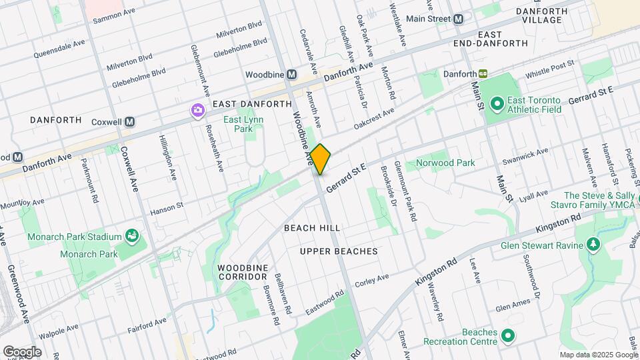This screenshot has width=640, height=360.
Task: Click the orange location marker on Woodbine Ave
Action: (320, 159)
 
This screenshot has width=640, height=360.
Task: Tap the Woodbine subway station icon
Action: (291, 75)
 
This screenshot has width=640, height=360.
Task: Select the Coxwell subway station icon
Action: (130, 122)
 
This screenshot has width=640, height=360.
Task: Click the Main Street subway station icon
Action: (458, 19)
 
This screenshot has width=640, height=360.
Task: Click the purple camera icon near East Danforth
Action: (197, 110)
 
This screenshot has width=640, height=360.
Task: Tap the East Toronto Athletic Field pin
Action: (496, 104)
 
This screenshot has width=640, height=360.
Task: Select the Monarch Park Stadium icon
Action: (132, 236)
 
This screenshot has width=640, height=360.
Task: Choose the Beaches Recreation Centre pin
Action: (508, 335)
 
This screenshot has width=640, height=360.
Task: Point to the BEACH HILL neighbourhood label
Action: (312, 228)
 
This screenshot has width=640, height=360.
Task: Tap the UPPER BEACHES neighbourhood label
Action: (339, 251)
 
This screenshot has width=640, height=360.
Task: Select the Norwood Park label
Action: (445, 163)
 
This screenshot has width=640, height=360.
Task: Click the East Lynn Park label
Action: (243, 125)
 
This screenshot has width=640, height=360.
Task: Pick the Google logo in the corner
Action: (22, 351)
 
